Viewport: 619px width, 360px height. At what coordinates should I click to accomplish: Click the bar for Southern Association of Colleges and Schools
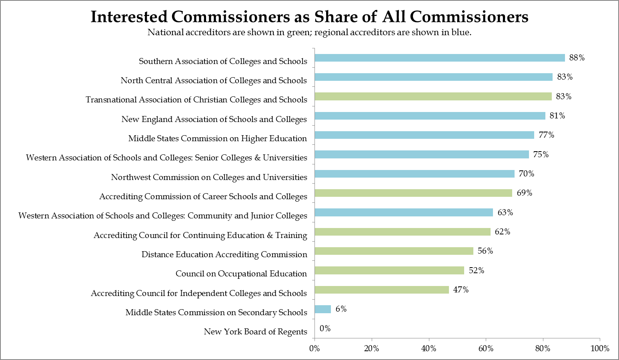click(x=439, y=58)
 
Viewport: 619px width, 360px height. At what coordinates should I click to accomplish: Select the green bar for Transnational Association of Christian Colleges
click(x=433, y=96)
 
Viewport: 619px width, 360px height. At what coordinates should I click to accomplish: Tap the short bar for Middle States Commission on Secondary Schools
click(x=323, y=309)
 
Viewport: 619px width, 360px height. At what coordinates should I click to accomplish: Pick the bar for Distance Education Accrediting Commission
click(x=394, y=251)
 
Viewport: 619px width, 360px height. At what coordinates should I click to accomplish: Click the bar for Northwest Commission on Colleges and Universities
click(x=415, y=174)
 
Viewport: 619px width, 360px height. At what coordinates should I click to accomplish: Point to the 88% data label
click(x=577, y=58)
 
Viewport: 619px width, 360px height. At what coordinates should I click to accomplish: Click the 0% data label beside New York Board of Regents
click(x=325, y=328)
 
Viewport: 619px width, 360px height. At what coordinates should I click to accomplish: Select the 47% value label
click(x=461, y=290)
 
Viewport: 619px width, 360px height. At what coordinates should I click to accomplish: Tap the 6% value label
click(x=341, y=309)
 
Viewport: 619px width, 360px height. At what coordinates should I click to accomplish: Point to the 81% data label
click(x=557, y=116)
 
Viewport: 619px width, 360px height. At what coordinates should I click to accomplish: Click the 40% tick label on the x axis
click(x=429, y=348)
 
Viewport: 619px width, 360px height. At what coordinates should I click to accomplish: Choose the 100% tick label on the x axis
click(x=600, y=348)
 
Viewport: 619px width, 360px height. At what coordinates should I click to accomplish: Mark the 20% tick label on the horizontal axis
click(x=371, y=348)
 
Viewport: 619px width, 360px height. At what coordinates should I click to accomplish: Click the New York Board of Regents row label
click(x=255, y=332)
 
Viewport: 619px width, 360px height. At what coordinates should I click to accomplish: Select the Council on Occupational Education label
click(x=241, y=274)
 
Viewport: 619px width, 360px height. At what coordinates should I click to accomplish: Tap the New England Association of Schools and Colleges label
click(x=214, y=119)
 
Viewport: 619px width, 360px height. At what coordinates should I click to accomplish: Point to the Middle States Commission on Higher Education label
click(x=217, y=138)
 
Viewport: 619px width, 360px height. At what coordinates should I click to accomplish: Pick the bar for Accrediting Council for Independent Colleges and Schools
click(x=382, y=290)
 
